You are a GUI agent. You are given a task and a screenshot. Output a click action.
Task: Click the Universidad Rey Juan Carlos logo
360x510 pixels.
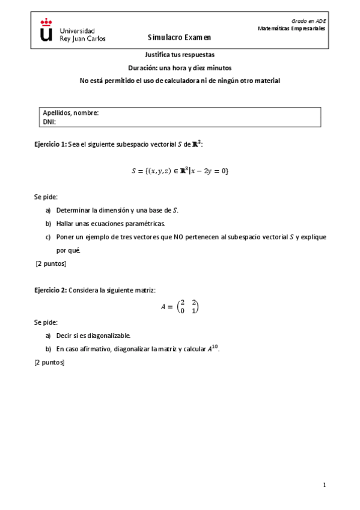pyautogui.click(x=72, y=30)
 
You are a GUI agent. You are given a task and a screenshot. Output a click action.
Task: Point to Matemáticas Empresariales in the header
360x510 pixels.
pyautogui.click(x=291, y=28)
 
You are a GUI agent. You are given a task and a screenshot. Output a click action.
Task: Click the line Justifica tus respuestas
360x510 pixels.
pyautogui.click(x=180, y=54)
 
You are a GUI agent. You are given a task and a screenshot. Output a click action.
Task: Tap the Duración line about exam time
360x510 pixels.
pyautogui.click(x=180, y=67)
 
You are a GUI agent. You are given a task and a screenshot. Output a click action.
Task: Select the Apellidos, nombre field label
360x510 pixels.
pyautogui.click(x=71, y=112)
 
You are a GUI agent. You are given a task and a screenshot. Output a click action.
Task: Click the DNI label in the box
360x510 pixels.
pyautogui.click(x=49, y=121)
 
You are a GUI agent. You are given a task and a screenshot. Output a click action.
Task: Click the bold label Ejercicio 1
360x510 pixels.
pyautogui.click(x=50, y=144)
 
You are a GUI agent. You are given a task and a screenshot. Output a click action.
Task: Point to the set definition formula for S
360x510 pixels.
pyautogui.click(x=180, y=171)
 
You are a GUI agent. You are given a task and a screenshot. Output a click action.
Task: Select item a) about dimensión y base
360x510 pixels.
pyautogui.click(x=117, y=210)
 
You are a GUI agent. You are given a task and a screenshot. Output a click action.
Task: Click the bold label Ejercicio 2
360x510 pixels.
pyautogui.click(x=50, y=290)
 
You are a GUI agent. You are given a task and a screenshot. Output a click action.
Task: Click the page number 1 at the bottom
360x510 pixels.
pyautogui.click(x=324, y=485)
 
